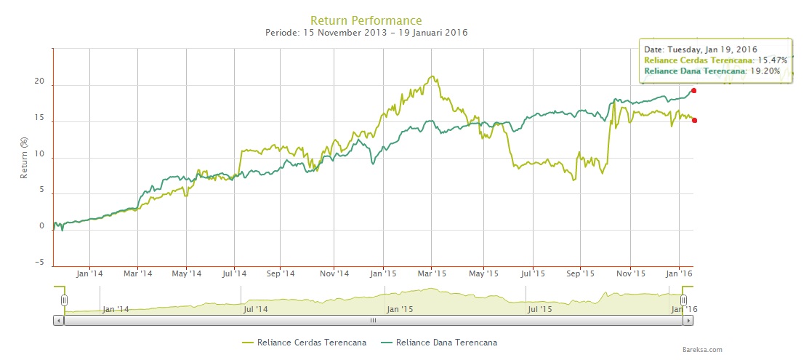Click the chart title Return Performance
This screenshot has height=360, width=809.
(x=366, y=20)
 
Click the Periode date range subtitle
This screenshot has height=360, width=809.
(x=366, y=33)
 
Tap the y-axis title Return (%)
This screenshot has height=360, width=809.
(x=25, y=158)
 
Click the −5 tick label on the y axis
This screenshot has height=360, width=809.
(x=39, y=263)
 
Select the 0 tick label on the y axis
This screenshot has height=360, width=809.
(x=42, y=226)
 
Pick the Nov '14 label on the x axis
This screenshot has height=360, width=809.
(x=334, y=274)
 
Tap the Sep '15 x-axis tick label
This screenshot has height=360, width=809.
(x=580, y=274)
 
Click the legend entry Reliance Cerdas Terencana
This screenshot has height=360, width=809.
(x=310, y=342)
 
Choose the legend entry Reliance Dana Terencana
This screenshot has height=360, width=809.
(x=446, y=342)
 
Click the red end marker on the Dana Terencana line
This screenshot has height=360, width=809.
(x=694, y=91)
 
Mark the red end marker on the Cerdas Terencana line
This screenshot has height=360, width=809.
(x=695, y=120)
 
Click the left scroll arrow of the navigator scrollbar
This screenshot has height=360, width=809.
(x=59, y=320)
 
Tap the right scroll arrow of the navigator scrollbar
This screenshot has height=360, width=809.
(x=688, y=320)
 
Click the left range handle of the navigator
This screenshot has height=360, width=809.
(x=64, y=300)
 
